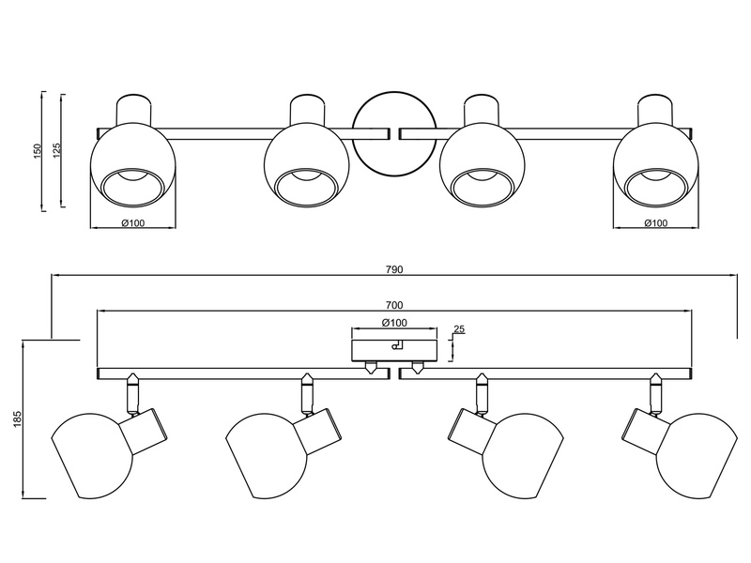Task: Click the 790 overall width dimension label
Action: (x=394, y=269)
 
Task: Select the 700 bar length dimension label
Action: (x=394, y=305)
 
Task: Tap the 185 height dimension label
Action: (x=18, y=418)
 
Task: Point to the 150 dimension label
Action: (x=38, y=151)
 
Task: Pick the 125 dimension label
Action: (x=56, y=151)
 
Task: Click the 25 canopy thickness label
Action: (x=459, y=329)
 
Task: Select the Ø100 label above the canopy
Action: (x=394, y=323)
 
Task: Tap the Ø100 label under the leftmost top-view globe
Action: (x=132, y=222)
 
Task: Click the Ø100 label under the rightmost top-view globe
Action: (x=655, y=222)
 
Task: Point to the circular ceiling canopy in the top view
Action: (x=394, y=134)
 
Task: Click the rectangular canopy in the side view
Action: (x=394, y=350)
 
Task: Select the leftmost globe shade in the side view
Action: (x=91, y=455)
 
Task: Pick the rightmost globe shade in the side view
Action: (x=697, y=455)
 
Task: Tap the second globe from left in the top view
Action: (x=307, y=166)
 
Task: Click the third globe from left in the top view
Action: (x=482, y=166)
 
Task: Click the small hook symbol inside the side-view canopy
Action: (x=398, y=343)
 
